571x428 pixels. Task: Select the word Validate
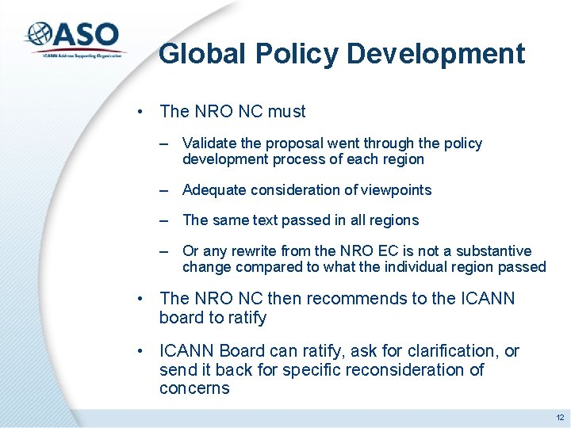[x=207, y=143]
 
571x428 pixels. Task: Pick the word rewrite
[x=255, y=251]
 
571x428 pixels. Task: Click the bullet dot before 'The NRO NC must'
[x=140, y=112]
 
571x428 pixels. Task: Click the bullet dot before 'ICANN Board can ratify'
[x=140, y=351]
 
